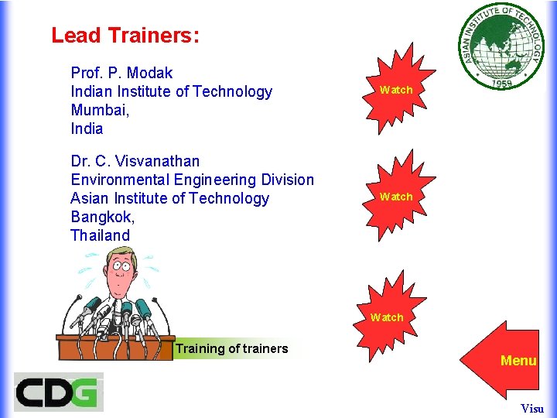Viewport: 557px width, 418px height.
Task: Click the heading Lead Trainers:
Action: point(125,36)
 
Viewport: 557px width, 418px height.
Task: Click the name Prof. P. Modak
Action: point(121,73)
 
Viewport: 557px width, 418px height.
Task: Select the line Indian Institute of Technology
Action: point(171,91)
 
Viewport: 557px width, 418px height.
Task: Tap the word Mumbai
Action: point(99,110)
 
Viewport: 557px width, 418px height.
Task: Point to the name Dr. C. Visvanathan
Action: point(135,161)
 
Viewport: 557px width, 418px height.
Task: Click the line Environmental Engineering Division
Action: point(192,180)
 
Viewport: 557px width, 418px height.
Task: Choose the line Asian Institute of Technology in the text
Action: point(169,198)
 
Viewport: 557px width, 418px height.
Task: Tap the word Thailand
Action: point(100,235)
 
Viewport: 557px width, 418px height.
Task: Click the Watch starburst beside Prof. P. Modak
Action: point(396,90)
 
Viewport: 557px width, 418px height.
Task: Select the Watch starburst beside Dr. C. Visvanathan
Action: point(396,197)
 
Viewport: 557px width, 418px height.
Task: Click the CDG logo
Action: point(58,392)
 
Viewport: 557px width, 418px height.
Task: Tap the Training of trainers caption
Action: point(231,348)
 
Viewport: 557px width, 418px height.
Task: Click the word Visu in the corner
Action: point(532,408)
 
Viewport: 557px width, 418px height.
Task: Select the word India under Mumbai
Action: point(87,128)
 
